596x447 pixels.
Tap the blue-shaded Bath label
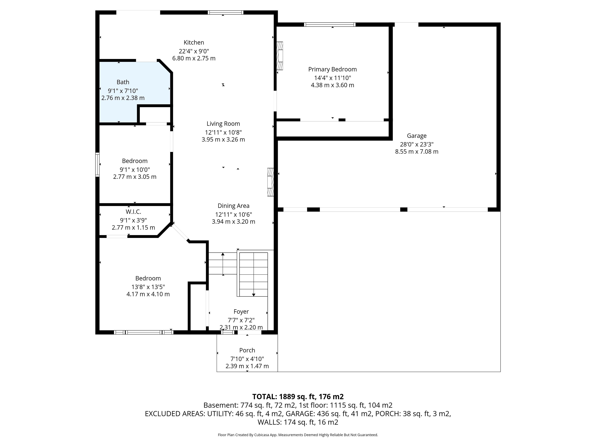pos(123,82)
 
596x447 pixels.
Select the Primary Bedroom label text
pos(332,70)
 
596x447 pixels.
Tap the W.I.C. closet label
pos(133,212)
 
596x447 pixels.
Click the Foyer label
pos(241,312)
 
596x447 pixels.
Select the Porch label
pos(247,350)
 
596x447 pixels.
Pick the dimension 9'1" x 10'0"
pos(135,170)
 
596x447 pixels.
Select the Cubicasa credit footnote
pos(298,435)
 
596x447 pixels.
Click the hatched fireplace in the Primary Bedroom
pos(280,56)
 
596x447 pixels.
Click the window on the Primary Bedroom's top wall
pos(330,25)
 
